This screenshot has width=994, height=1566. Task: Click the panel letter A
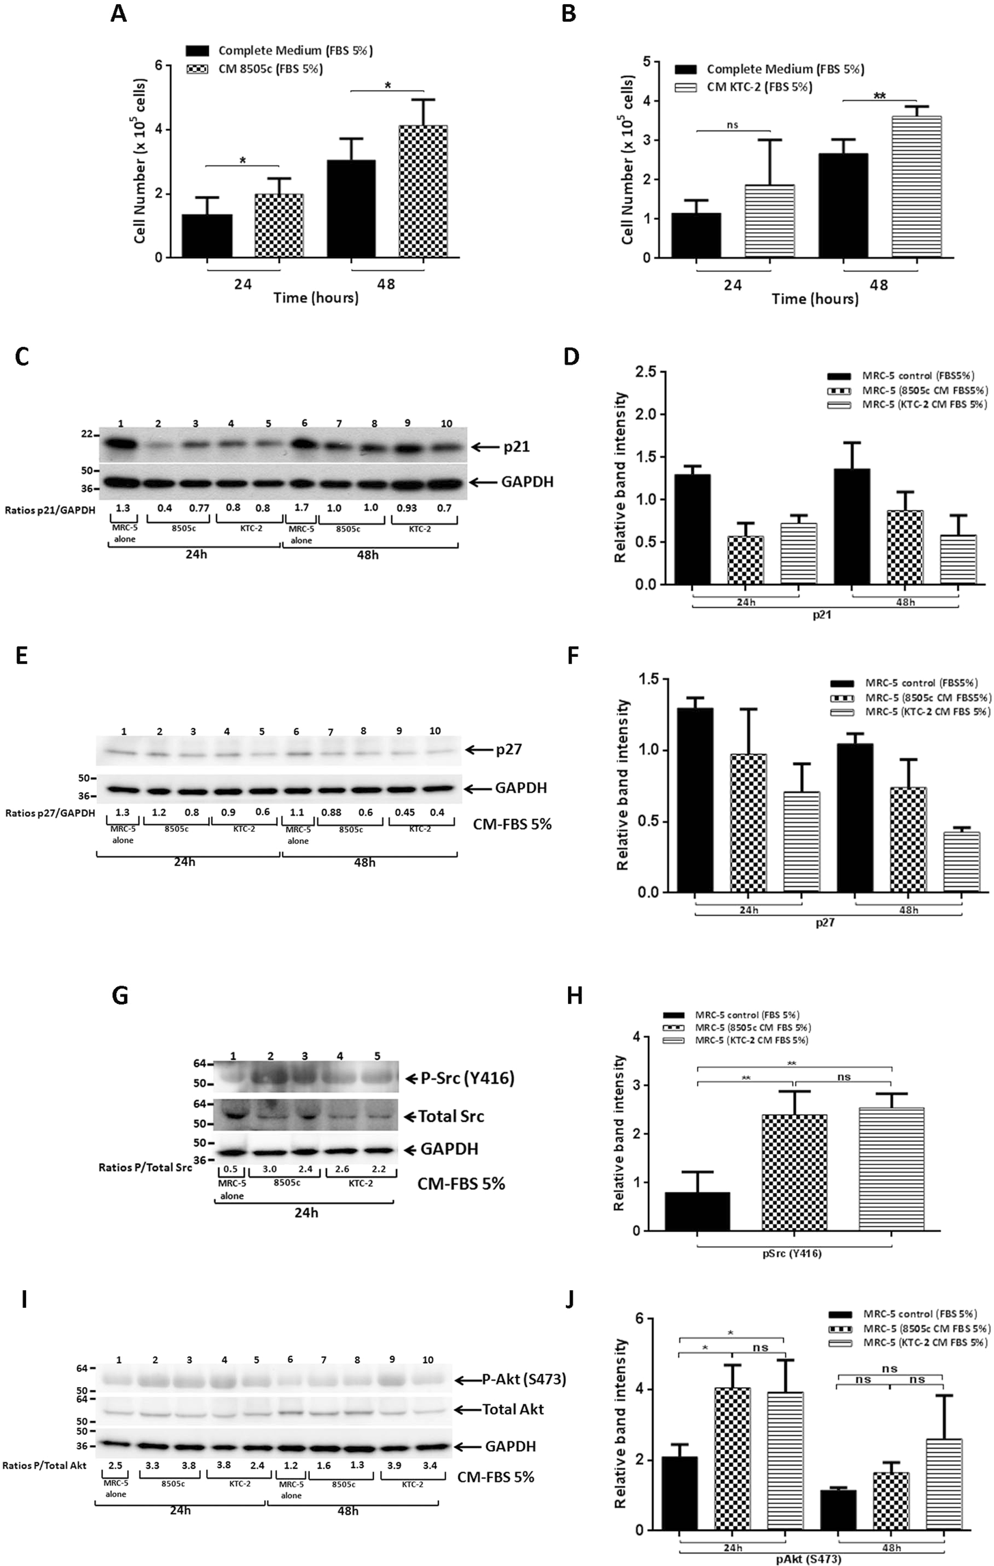119,14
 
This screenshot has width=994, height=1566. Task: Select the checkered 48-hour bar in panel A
423,191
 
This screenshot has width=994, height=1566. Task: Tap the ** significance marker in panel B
879,96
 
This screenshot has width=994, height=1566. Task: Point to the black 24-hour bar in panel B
696,236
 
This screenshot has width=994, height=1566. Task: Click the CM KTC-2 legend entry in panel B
759,87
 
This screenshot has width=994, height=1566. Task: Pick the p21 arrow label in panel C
517,447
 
